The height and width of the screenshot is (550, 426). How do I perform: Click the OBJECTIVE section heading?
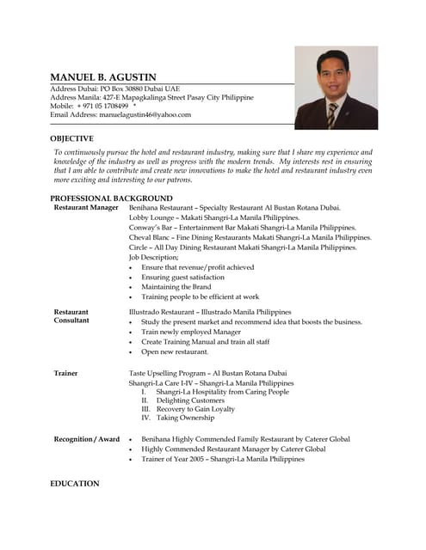[x=72, y=138]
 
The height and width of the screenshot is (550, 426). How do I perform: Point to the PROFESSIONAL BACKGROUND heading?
[x=111, y=199]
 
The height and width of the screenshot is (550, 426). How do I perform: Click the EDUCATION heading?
[x=75, y=484]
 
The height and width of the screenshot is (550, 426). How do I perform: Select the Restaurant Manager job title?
[x=86, y=208]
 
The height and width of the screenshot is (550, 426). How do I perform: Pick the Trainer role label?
[x=66, y=373]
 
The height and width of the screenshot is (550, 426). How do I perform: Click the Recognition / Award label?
[x=87, y=439]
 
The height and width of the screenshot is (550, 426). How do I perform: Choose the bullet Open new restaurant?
[x=175, y=351]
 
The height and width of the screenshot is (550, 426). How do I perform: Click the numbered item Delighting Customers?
[x=190, y=400]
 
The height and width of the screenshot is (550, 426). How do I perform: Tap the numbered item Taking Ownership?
[x=185, y=418]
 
